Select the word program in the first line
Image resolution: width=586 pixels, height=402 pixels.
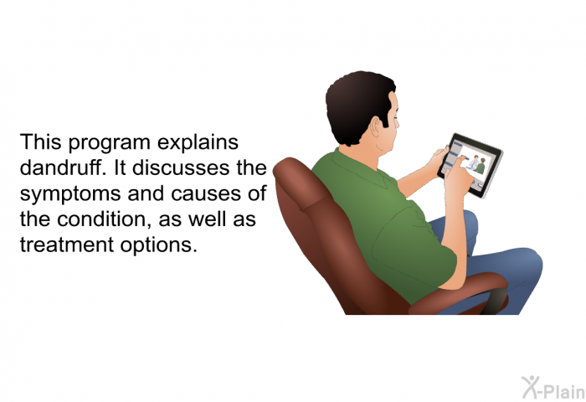(109, 143)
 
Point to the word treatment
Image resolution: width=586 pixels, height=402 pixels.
(66, 245)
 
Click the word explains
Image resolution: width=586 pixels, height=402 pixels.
(198, 143)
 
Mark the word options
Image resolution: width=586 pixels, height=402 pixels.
(158, 245)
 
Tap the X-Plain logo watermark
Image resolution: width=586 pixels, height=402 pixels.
(553, 388)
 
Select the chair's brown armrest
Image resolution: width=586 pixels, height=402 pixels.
(460, 292)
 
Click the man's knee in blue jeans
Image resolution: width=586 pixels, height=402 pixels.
(529, 262)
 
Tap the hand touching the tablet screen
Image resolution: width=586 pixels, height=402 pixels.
(458, 178)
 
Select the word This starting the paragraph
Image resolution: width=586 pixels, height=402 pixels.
(40, 142)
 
